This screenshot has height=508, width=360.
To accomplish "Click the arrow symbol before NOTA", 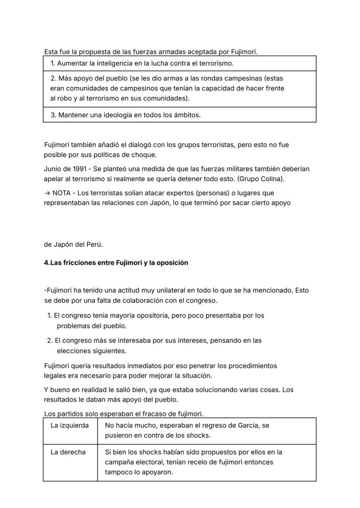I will (x=47, y=193).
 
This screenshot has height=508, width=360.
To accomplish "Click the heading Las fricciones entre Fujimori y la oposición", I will (x=116, y=263).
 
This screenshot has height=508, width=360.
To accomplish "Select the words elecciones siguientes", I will (x=92, y=351).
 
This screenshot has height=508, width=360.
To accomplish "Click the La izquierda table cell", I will (x=70, y=426).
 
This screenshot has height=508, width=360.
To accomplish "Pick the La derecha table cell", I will (x=68, y=452).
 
